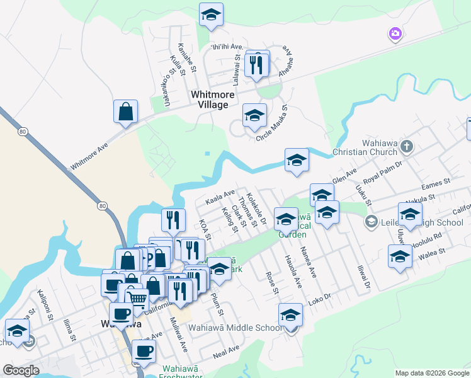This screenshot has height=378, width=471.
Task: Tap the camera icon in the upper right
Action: coord(395,33)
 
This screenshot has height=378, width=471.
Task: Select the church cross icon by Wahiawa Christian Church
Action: coord(407,147)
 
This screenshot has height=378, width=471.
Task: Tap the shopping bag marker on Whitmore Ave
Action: coord(126,112)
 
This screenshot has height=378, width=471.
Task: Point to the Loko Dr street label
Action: coord(320,294)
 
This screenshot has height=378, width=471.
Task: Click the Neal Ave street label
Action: coord(225,351)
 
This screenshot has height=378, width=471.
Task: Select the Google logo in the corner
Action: coord(21,370)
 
